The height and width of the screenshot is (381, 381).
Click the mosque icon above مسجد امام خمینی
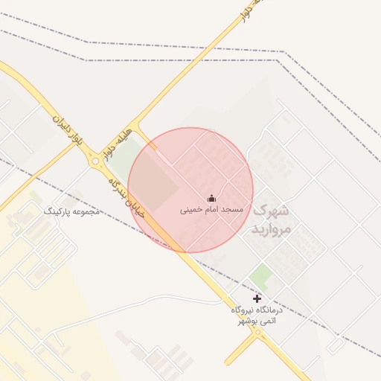tap(211, 198)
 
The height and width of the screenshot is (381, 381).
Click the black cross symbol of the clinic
tap(257, 298)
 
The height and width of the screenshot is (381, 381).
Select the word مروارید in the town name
tap(269, 229)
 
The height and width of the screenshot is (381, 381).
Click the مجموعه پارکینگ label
tap(72, 211)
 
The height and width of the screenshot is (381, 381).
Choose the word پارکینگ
tap(60, 211)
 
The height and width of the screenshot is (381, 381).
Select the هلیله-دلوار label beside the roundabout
tap(118, 141)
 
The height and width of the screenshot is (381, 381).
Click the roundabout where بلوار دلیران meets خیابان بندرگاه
tap(95, 161)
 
